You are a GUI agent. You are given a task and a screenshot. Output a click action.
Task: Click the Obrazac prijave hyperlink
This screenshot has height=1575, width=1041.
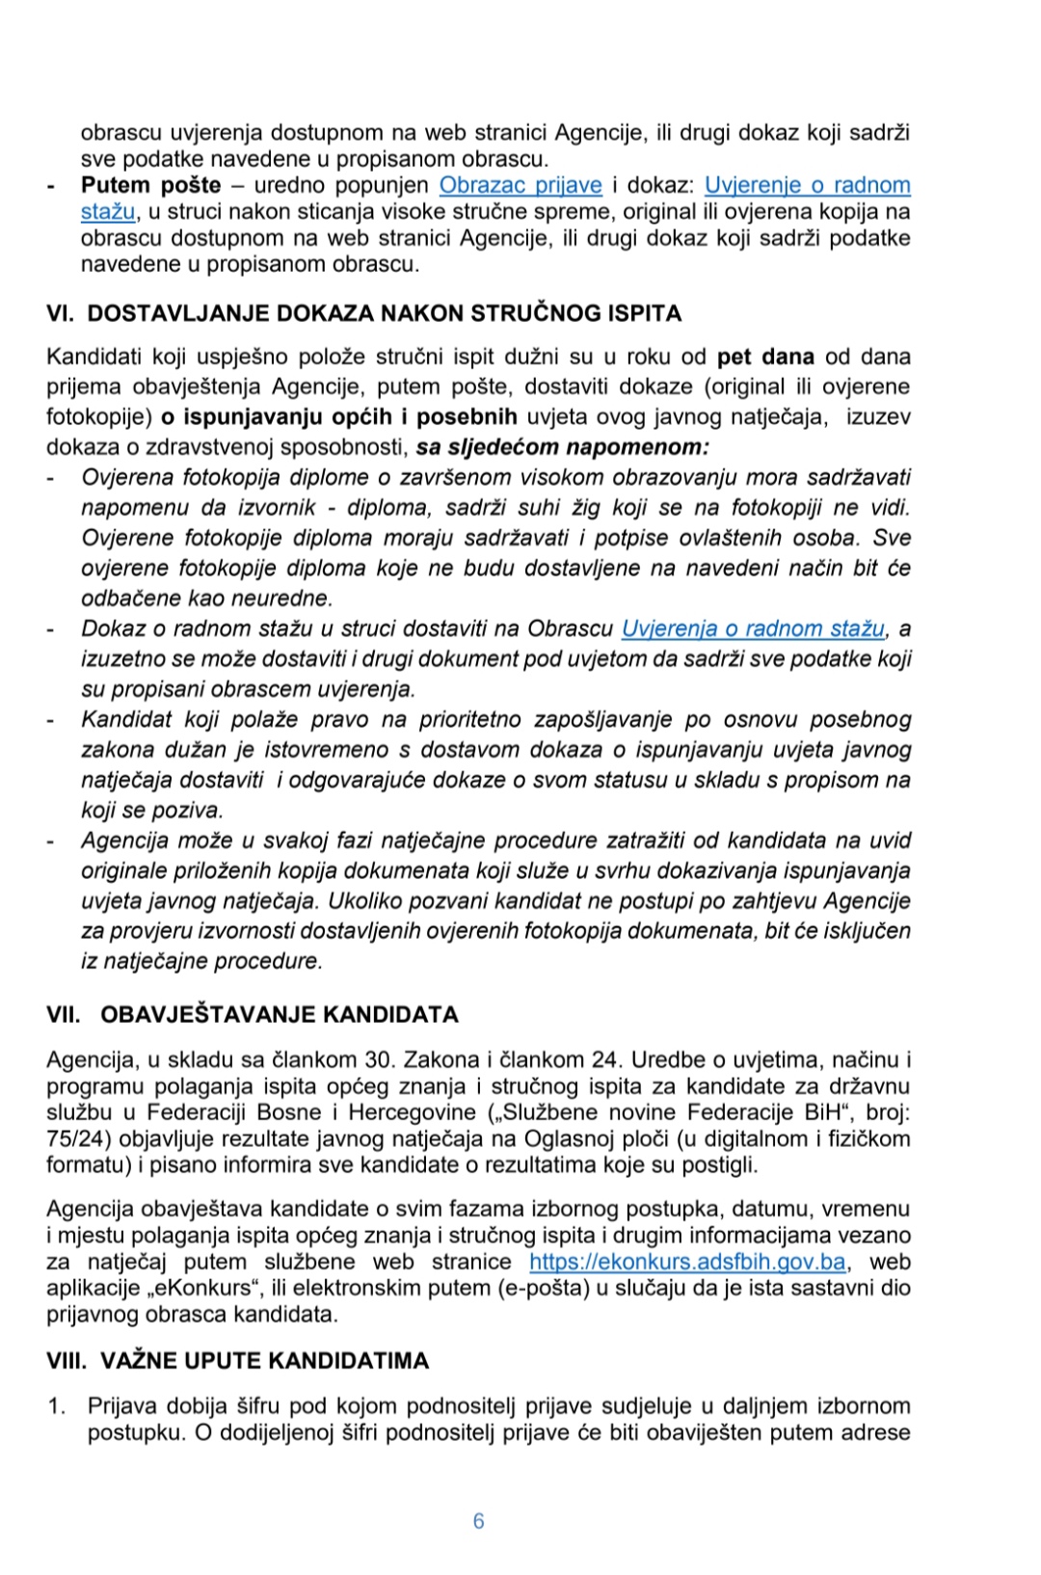coord(520,185)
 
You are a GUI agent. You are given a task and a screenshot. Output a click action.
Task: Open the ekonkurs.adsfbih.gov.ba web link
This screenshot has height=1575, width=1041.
coord(687,1262)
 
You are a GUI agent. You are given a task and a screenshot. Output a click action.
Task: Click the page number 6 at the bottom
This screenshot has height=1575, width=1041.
coord(479,1521)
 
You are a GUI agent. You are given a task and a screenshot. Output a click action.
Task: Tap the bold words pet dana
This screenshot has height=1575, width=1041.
coord(765,357)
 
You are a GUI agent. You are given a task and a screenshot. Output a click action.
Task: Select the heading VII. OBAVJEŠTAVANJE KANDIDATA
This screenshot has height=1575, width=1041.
coord(253,1014)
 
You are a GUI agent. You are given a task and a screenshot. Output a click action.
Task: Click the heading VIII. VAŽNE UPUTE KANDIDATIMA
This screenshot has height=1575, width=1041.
coord(237,1360)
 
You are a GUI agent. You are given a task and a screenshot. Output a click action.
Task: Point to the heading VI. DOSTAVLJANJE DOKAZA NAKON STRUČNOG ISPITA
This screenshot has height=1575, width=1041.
coord(363,313)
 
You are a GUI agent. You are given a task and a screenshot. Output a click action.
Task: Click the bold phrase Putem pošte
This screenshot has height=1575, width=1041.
coord(150,185)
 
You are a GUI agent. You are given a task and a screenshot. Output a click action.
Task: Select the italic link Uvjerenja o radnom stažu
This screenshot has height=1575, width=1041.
coord(753,628)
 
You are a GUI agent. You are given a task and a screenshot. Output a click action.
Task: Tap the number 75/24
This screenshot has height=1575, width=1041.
coord(72,1138)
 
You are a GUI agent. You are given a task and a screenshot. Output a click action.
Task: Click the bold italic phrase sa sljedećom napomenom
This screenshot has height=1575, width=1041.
coord(562,447)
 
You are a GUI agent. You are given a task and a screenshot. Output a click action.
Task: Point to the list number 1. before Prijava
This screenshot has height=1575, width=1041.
coord(57,1405)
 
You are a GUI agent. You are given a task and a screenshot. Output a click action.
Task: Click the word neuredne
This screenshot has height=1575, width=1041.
coord(286,598)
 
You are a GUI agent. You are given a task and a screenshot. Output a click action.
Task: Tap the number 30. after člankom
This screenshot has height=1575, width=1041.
coord(380,1059)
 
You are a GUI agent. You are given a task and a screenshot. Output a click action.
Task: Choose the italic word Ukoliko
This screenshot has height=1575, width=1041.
coord(366,900)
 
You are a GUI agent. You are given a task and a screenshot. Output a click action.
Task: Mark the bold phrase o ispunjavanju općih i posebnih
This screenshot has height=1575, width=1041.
coord(339,416)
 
